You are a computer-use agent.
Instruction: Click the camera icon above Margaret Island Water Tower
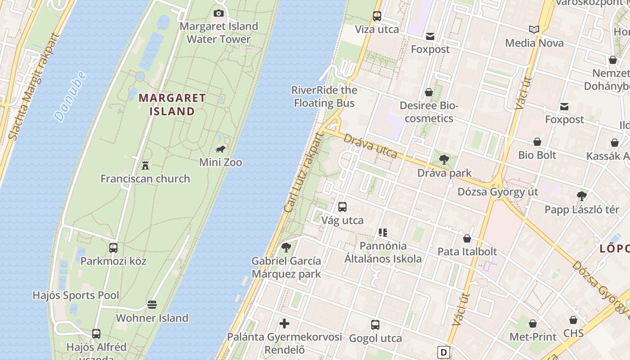point(219,13)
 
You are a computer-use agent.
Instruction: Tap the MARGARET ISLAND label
point(172,104)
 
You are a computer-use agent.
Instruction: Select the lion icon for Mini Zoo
point(220,149)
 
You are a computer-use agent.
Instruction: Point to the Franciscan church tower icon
point(145,166)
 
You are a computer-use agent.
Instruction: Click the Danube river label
point(70,96)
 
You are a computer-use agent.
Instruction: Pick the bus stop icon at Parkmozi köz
point(113,247)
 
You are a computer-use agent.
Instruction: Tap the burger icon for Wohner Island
point(152,305)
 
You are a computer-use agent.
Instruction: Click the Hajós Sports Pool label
point(76,295)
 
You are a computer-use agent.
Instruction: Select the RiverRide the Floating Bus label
point(324,96)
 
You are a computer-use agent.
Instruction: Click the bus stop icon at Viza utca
point(377,16)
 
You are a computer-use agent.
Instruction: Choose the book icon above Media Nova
point(534,30)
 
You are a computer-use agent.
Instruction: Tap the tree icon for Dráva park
point(444,159)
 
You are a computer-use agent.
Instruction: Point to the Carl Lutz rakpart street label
point(304,173)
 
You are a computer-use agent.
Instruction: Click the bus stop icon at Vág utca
point(342,207)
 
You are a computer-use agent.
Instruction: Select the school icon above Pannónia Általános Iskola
point(383,233)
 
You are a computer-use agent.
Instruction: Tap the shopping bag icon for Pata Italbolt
point(467,238)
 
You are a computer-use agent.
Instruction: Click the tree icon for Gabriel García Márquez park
point(286,247)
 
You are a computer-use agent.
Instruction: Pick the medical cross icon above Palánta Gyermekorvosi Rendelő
point(284,323)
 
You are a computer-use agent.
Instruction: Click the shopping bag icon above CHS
point(573,320)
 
